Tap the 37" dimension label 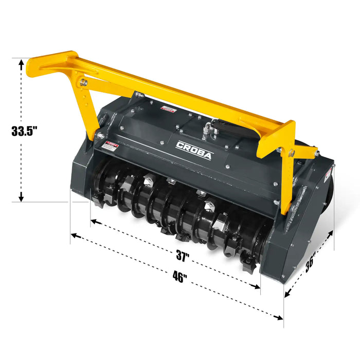click(x=182, y=256)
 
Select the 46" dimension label click(x=179, y=278)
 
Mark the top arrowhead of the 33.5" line click(x=21, y=63)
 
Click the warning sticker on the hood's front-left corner click(x=109, y=147)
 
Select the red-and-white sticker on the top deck click(x=168, y=110)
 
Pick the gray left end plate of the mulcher click(x=81, y=170)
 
